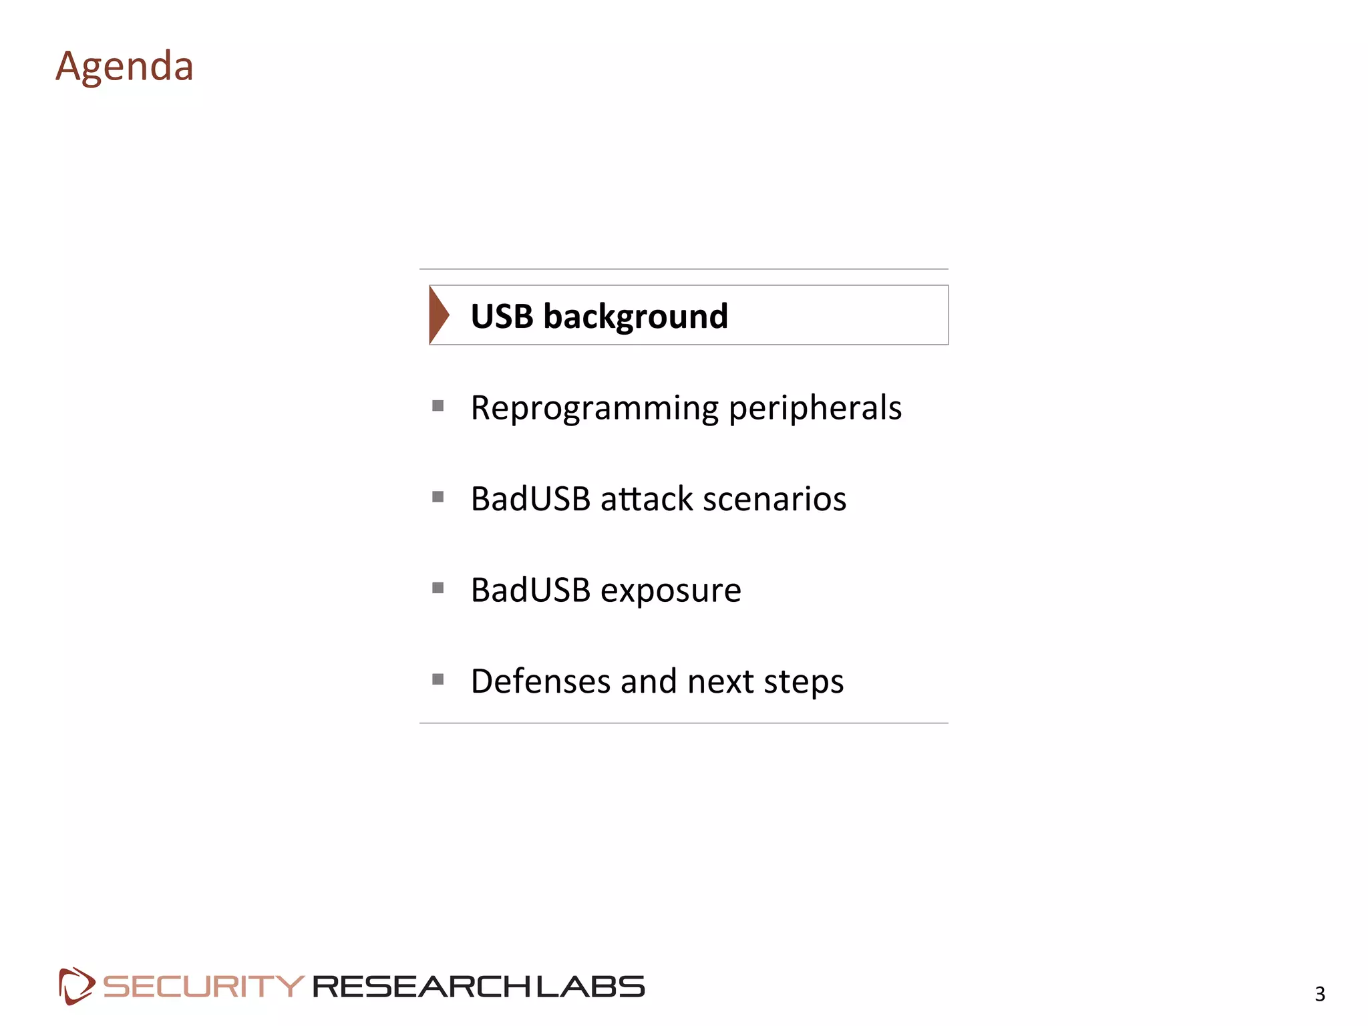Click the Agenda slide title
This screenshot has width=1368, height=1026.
tap(124, 67)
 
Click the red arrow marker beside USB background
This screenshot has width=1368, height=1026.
tap(438, 315)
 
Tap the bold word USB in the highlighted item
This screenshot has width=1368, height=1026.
tap(502, 316)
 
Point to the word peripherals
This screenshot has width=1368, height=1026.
tap(815, 408)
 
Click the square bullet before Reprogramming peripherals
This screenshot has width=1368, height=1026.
tap(438, 405)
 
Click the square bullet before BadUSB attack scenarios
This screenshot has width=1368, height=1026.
tap(438, 497)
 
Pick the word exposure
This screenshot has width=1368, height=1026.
tap(671, 590)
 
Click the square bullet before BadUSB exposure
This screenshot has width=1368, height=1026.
tap(438, 588)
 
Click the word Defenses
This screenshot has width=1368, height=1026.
tap(540, 681)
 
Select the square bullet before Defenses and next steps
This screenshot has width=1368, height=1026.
tap(438, 679)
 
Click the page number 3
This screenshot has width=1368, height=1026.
tap(1320, 994)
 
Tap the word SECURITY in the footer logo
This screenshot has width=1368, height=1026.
tap(204, 987)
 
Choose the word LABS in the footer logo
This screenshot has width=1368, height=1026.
tap(590, 987)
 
